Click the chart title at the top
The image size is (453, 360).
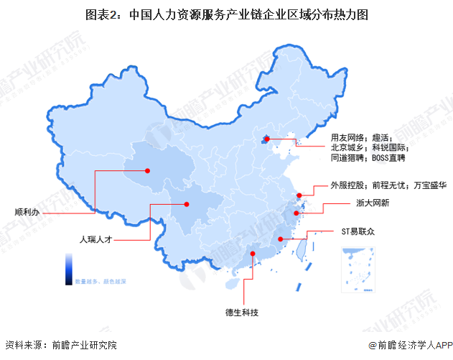[x=226, y=14]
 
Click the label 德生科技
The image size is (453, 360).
[x=243, y=313]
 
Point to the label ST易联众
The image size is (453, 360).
[x=358, y=232]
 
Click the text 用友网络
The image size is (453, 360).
[x=349, y=137]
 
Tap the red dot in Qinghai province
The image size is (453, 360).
[x=147, y=171]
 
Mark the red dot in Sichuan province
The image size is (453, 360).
[x=187, y=203]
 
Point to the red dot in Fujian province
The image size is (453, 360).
[x=280, y=239]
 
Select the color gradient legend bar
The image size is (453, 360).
[x=67, y=267]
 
